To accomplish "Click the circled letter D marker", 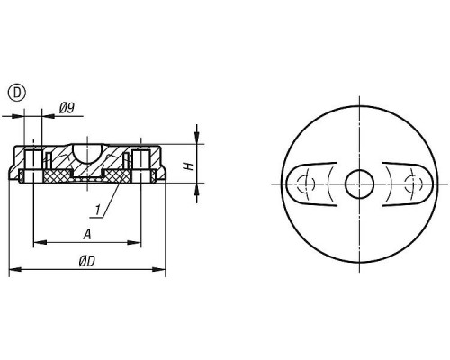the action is click(17, 93).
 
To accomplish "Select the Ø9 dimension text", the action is click(67, 108).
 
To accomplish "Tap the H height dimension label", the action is click(189, 166).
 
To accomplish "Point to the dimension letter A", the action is click(87, 234).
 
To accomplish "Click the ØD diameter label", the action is click(87, 261).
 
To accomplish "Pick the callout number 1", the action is click(97, 210).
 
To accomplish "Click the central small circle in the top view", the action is click(359, 184).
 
